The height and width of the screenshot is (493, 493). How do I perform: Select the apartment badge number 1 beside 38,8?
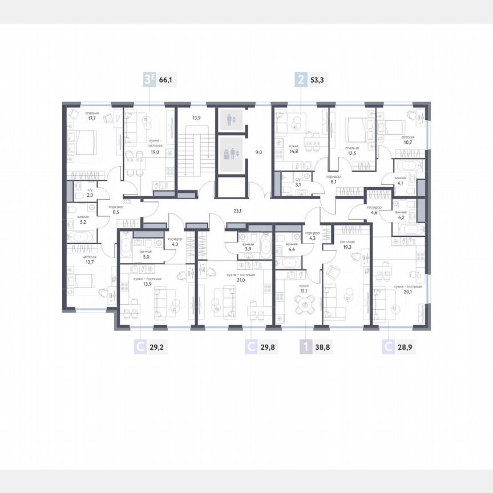pyautogui.click(x=306, y=346)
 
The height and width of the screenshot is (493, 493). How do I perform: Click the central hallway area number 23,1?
pyautogui.click(x=237, y=211)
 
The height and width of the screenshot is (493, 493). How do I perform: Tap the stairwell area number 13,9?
pyautogui.click(x=196, y=118)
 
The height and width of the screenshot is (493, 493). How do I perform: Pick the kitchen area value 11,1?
pyautogui.click(x=305, y=290)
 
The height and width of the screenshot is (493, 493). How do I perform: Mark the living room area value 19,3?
pyautogui.click(x=348, y=248)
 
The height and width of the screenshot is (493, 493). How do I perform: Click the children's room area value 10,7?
pyautogui.click(x=407, y=143)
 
